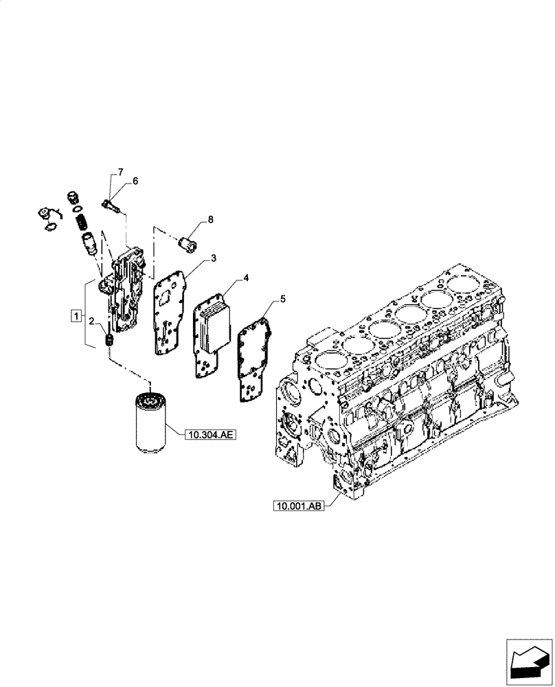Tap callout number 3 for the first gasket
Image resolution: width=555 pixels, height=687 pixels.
tap(214, 258)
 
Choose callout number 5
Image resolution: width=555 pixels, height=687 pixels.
tap(282, 300)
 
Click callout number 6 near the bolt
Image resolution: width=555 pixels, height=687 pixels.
tap(135, 181)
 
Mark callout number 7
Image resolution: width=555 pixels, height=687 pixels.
tap(120, 170)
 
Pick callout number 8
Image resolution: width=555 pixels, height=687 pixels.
tap(210, 219)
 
